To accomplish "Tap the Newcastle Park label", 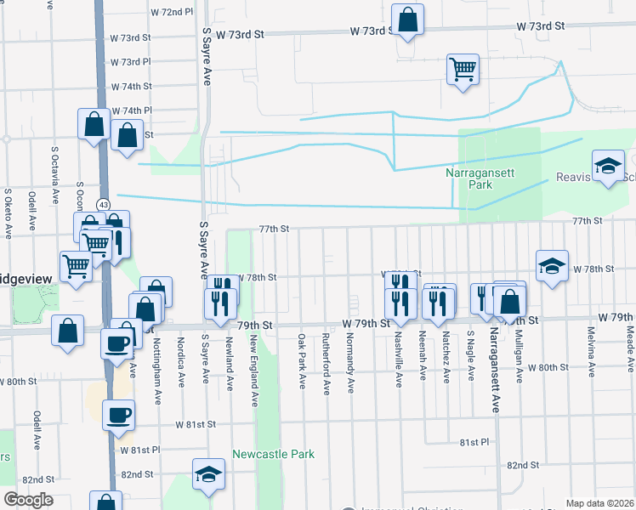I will pos(273,454).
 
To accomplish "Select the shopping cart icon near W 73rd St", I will pos(463,70).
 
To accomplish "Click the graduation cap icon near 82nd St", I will pos(207,475).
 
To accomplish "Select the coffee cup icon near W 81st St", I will pos(118,416).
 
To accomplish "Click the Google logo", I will pos(27,500).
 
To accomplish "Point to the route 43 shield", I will pos(103,205).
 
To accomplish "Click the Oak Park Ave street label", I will pos(302,361).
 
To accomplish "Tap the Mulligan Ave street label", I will pos(518,358).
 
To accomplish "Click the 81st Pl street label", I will pos(474,443).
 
